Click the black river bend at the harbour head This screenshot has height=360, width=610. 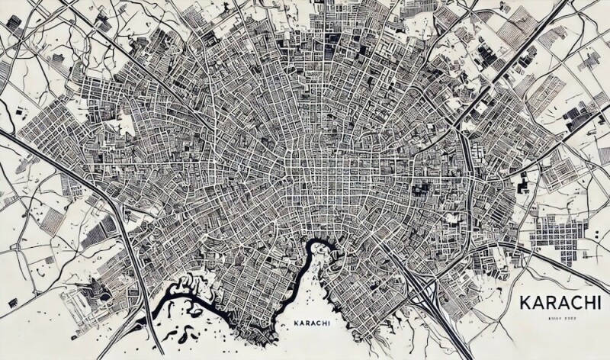point(312,248)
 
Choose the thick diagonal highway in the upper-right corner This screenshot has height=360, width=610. point(526,46)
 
